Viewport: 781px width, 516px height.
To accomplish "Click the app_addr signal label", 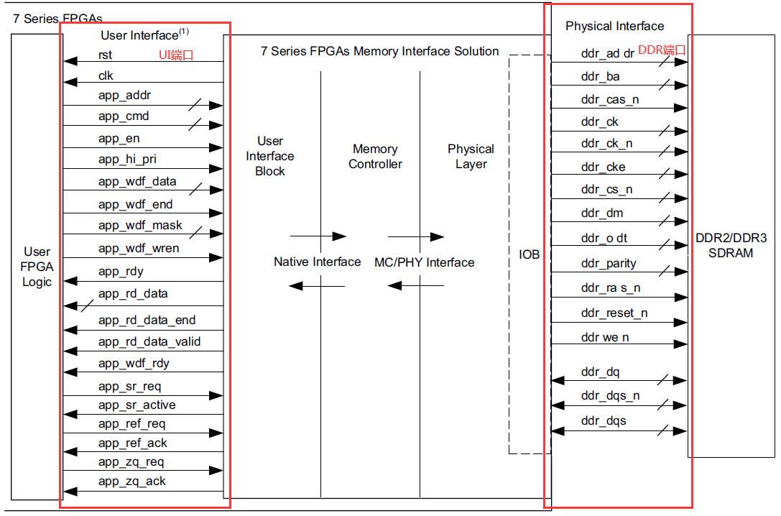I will [124, 96].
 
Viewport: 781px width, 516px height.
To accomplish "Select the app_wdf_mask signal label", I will [140, 226].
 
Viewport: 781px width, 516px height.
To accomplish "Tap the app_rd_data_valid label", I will [149, 342].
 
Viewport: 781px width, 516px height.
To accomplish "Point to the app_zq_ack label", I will [131, 482].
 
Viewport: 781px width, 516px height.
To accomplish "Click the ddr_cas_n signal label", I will [609, 100].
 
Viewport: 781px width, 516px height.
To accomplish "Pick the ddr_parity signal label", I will [609, 264].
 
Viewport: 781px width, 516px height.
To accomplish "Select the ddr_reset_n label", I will [614, 313].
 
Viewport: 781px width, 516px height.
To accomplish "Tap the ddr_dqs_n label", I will [610, 396].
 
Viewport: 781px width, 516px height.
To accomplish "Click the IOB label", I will [530, 254].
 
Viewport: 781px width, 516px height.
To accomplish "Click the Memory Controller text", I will [375, 157].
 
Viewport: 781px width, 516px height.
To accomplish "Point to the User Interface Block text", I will [270, 156].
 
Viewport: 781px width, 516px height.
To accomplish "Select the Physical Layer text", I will [471, 157].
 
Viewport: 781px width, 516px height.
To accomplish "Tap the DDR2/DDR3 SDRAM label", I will [731, 245].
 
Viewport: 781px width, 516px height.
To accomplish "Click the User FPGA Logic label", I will [37, 267].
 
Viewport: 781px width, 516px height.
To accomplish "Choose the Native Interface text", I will [317, 262].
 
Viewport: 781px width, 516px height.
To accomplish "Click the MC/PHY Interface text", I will [424, 262].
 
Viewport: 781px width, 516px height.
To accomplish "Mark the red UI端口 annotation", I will [176, 55].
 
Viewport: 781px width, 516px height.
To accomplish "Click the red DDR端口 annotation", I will [662, 50].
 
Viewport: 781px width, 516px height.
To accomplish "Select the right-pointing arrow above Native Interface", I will [318, 236].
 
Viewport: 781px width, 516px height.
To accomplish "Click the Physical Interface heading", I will [614, 26].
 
